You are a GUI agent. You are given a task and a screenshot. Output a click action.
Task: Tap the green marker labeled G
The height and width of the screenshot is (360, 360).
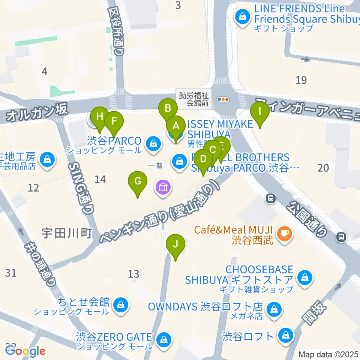pyautogui.click(x=138, y=182)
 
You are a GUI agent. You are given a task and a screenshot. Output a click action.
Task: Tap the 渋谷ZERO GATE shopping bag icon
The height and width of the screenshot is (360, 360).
pyautogui.click(x=163, y=340)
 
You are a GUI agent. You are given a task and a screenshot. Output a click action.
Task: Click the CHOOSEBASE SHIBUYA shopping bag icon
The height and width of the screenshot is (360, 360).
pyautogui.click(x=304, y=278)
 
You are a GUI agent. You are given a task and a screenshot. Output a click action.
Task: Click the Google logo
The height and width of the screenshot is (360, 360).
pyautogui.click(x=25, y=351)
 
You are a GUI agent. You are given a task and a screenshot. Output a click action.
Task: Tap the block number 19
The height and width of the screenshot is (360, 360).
pyautogui.click(x=301, y=80)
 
